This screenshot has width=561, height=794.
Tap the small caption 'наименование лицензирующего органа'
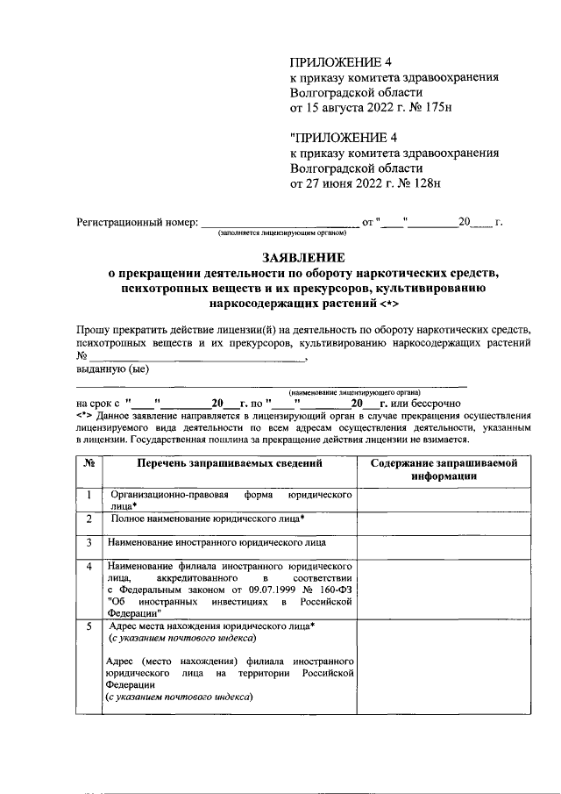point(354,392)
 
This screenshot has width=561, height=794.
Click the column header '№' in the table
point(89,462)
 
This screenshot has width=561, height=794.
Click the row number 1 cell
point(89,497)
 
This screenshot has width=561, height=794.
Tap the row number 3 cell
point(89,543)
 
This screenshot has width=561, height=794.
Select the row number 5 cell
point(89,628)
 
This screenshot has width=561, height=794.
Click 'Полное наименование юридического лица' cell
point(208,519)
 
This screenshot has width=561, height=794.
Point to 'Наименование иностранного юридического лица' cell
point(217,543)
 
